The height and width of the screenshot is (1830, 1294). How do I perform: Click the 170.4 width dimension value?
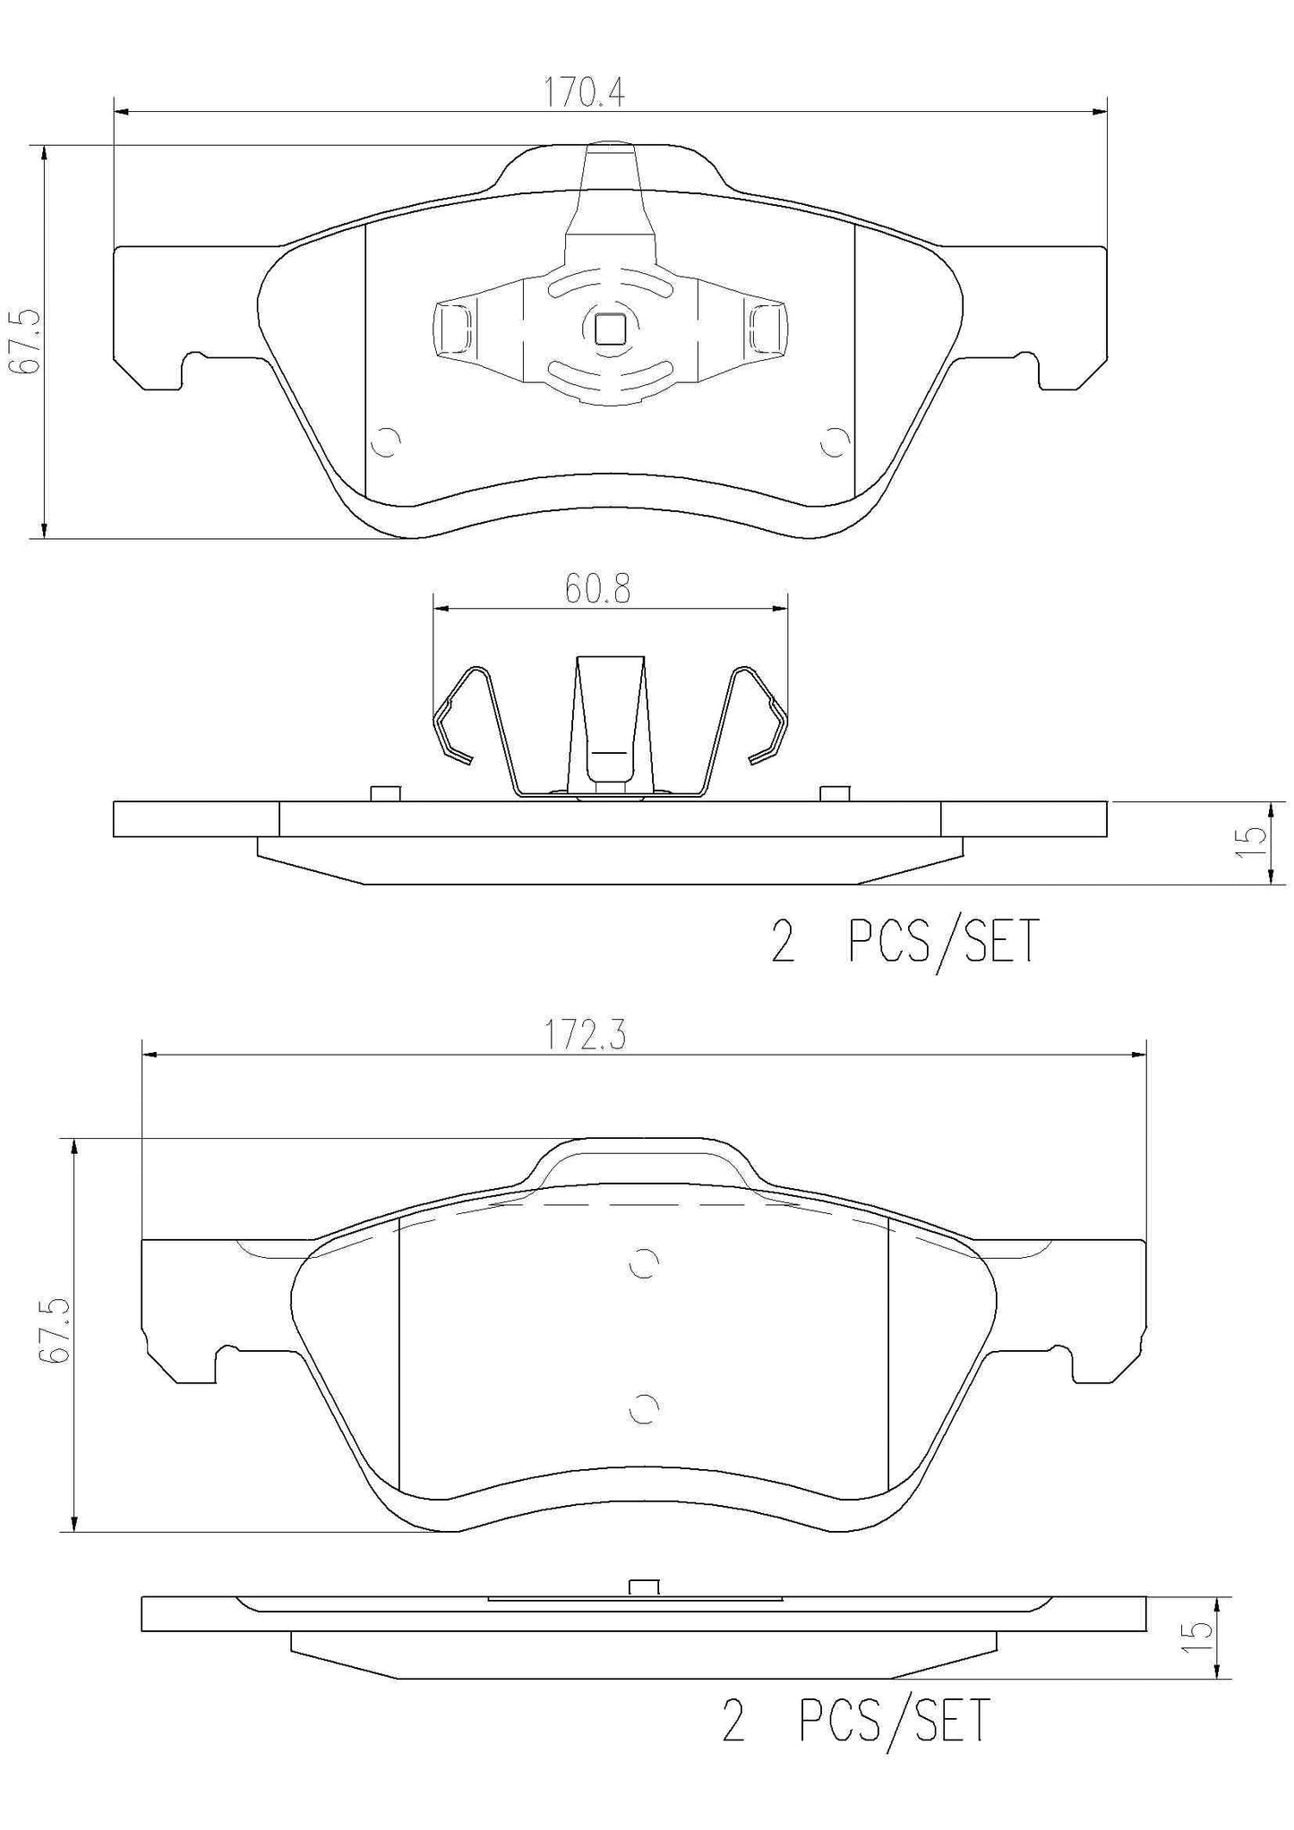[x=585, y=92]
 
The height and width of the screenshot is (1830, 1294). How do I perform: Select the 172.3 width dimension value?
[x=586, y=1036]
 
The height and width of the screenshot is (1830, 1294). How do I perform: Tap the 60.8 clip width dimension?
[x=597, y=589]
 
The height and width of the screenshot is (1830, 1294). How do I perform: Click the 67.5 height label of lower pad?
[x=56, y=1333]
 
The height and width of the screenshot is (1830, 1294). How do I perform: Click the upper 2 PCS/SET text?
[x=904, y=942]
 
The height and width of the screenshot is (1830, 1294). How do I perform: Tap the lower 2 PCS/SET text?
[x=855, y=1720]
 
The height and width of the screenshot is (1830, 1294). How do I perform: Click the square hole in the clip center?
[x=611, y=329]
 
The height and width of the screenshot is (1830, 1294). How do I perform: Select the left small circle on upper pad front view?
[x=387, y=442]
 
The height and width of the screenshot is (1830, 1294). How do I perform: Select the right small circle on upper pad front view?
[x=836, y=442]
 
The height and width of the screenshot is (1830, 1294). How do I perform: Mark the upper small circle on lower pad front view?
[x=644, y=1262]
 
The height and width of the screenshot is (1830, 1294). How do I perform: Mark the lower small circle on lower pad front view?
[x=644, y=1408]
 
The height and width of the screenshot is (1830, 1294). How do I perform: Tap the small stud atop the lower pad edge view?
[x=644, y=1586]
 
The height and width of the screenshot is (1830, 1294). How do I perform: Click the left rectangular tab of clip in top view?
[x=454, y=328]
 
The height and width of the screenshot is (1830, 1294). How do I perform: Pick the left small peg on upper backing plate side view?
[x=384, y=792]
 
